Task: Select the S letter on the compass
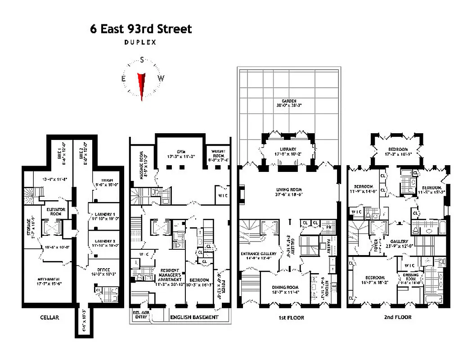pyautogui.click(x=142, y=60)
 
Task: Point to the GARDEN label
pyautogui.click(x=288, y=101)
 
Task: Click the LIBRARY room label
pyautogui.click(x=288, y=149)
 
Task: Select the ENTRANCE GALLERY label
pyautogui.click(x=255, y=253)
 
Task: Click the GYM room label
pyautogui.click(x=180, y=152)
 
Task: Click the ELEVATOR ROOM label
pyautogui.click(x=54, y=211)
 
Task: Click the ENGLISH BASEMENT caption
pyautogui.click(x=194, y=317)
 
